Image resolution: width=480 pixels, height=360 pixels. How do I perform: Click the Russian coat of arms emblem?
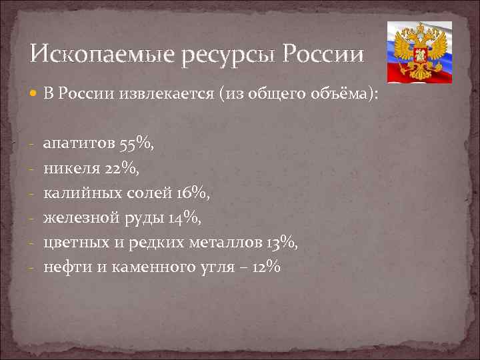click(x=419, y=51)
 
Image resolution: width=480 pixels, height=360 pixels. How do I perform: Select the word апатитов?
click(x=80, y=144)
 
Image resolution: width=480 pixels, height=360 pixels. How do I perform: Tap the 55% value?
click(x=139, y=143)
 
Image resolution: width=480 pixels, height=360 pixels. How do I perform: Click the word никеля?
click(x=71, y=169)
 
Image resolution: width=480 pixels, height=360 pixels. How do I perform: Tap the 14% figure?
click(x=183, y=217)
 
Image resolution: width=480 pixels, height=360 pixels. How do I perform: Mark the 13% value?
click(x=283, y=242)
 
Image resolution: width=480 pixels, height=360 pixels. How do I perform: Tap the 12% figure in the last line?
click(x=265, y=267)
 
